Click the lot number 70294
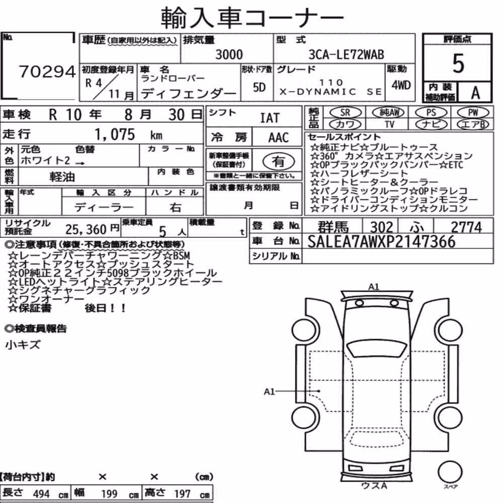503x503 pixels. tap(47, 71)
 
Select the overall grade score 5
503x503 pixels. tap(458, 63)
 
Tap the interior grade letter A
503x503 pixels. tap(475, 93)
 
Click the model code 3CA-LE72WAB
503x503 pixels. tap(346, 54)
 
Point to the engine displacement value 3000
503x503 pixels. tap(229, 54)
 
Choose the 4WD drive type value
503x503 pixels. tap(401, 86)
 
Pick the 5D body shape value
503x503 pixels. tap(259, 87)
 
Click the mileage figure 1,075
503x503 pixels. tap(115, 134)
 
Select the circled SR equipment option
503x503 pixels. tap(345, 112)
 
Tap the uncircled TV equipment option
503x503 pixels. tap(389, 124)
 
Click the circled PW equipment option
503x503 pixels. tap(473, 112)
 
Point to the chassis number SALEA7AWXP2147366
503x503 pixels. tap(381, 241)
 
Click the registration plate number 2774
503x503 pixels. tap(466, 227)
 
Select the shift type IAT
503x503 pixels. tap(270, 118)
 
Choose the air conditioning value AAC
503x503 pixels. tap(278, 138)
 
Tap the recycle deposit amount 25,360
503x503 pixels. tap(86, 229)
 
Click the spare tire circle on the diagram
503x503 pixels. tap(450, 472)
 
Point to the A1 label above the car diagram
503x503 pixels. tap(374, 287)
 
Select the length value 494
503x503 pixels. tap(41, 494)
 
